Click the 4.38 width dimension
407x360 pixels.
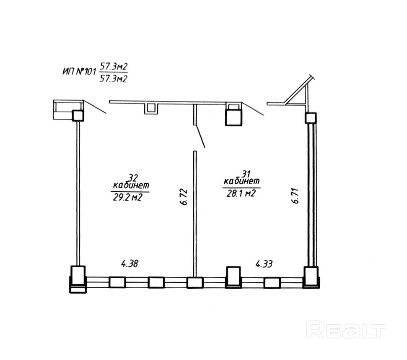(x=130, y=263)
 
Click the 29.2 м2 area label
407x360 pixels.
(x=127, y=198)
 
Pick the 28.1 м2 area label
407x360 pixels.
(x=241, y=193)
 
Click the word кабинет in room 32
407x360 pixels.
(x=131, y=185)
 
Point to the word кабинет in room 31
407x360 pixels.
(x=242, y=180)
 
